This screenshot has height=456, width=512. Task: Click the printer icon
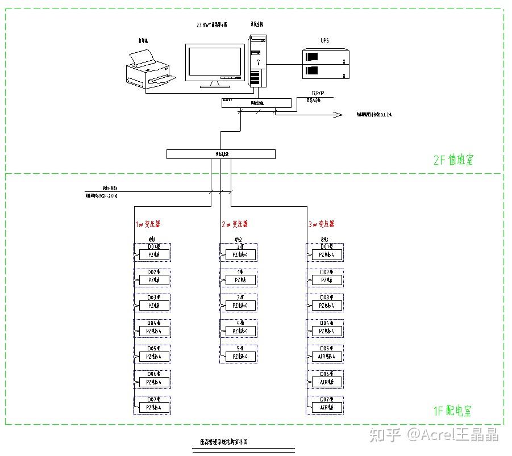[149, 70]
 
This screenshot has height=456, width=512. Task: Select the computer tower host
[258, 61]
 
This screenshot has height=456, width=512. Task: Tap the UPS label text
[324, 41]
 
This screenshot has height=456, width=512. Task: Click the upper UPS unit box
[327, 56]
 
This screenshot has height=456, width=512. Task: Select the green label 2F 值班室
[453, 160]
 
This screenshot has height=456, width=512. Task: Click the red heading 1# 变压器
[147, 224]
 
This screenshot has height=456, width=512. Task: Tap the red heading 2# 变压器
[235, 224]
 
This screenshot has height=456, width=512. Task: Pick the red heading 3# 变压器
[321, 224]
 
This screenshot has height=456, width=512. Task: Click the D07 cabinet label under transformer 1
[153, 399]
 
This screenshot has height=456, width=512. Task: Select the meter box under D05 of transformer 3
[327, 357]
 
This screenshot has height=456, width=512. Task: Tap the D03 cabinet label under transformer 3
[326, 297]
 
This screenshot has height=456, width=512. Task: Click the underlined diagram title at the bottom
[224, 442]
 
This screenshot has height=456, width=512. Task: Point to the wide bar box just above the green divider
[220, 154]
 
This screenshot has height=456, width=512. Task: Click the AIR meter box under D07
[327, 407]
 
